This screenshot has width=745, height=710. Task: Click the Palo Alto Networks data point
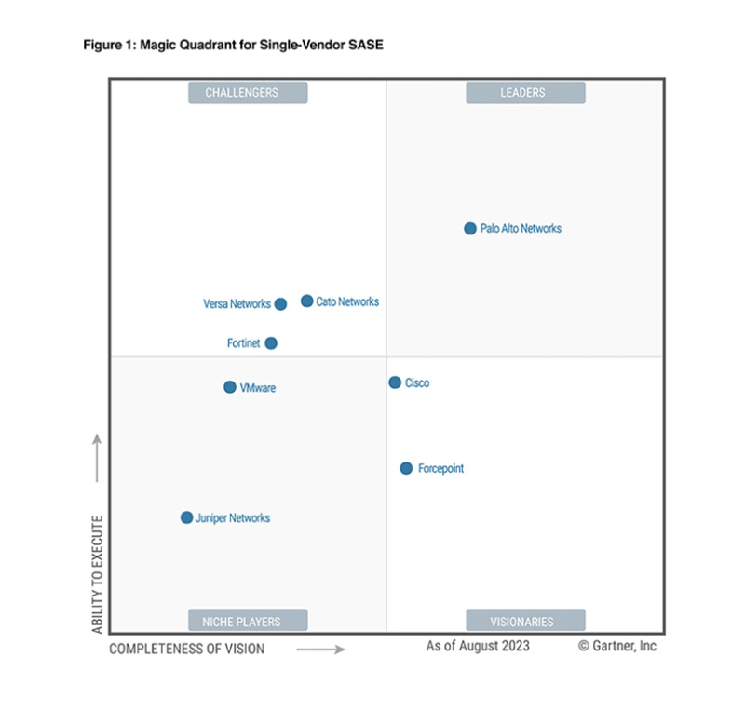pos(470,228)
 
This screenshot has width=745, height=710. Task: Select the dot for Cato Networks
pos(306,301)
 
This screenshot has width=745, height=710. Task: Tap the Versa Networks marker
pos(280,303)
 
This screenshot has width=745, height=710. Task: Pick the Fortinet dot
pos(271,342)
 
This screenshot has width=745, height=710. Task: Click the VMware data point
pos(230,387)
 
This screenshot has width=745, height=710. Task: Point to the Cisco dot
pos(395,382)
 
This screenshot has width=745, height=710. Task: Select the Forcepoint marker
pos(406,468)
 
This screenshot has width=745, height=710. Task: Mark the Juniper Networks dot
pos(186,517)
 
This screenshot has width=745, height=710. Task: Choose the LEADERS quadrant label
pos(525,92)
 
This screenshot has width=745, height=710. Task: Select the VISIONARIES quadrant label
pos(525,621)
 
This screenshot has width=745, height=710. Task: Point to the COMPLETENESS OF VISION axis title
pos(186,649)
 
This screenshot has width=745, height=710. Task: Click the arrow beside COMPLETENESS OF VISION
pos(320,649)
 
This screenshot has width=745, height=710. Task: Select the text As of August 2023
pos(478,646)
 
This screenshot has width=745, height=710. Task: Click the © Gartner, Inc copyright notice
pos(616,646)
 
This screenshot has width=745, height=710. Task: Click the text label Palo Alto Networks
pos(521,228)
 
